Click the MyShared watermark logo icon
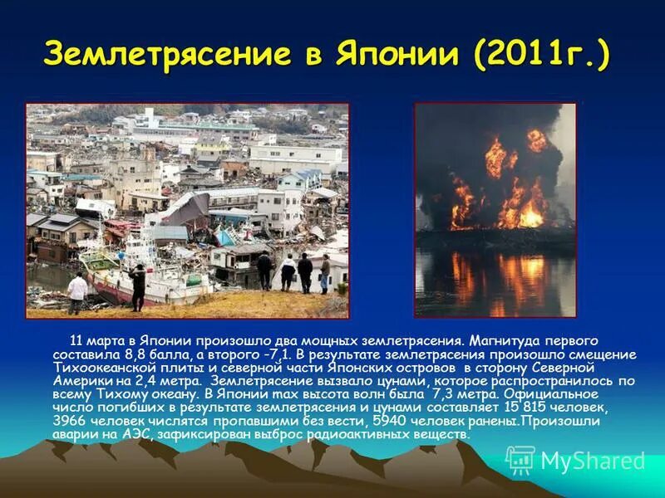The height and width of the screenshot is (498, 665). (x=520, y=460)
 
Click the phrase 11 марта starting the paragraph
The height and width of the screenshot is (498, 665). (x=96, y=341)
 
